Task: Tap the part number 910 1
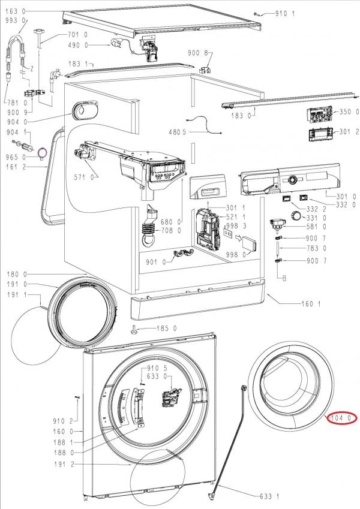click(286, 13)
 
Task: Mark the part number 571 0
click(83, 177)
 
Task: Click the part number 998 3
click(237, 225)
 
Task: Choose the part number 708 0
click(170, 230)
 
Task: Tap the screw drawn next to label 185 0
click(135, 329)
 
